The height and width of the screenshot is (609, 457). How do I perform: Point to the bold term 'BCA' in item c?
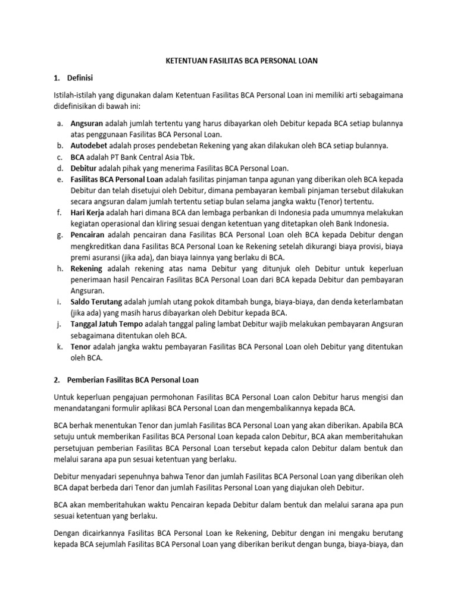point(78,157)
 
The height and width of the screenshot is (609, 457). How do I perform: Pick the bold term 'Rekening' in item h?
point(87,268)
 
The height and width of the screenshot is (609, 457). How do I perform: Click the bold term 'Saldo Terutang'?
point(96,302)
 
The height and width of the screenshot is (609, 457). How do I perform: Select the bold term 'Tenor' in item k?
point(82,346)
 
